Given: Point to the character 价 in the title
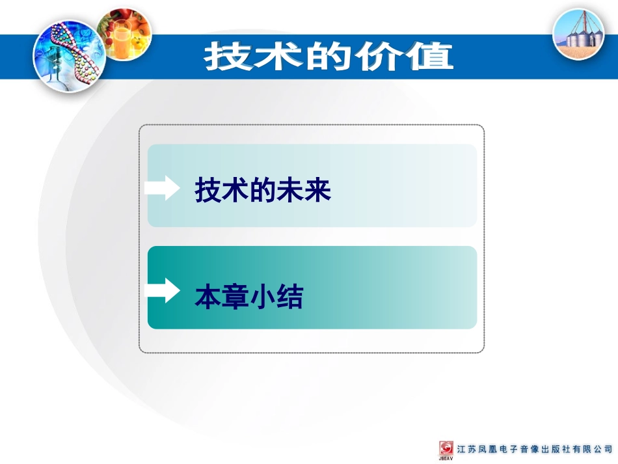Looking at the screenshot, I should point(379,57).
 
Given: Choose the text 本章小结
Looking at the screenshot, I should point(249,297).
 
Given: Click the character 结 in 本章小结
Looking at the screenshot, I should point(290,297).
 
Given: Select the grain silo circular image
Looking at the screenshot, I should point(578,34).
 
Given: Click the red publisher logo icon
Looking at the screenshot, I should point(447,449).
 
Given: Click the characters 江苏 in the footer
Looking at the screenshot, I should point(468,450).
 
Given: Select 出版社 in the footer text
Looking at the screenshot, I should point(559,450).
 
